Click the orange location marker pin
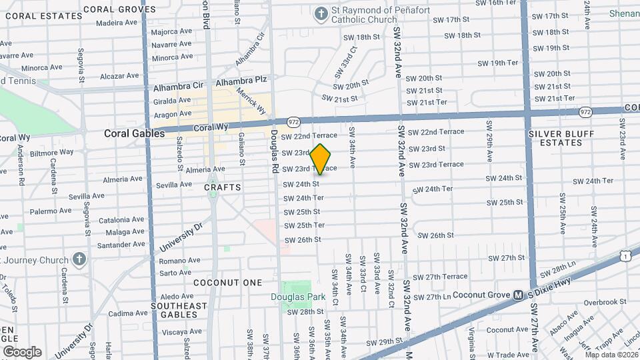pyautogui.click(x=321, y=159)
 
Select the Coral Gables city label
pyautogui.click(x=134, y=133)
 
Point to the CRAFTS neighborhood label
pyautogui.click(x=223, y=187)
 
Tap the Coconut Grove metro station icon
pyautogui.click(x=517, y=295)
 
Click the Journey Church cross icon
pyautogui.click(x=79, y=259)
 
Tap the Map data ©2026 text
pyautogui.click(x=610, y=354)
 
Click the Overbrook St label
pyautogui.click(x=601, y=302)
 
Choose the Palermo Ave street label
pyautogui.click(x=50, y=211)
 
